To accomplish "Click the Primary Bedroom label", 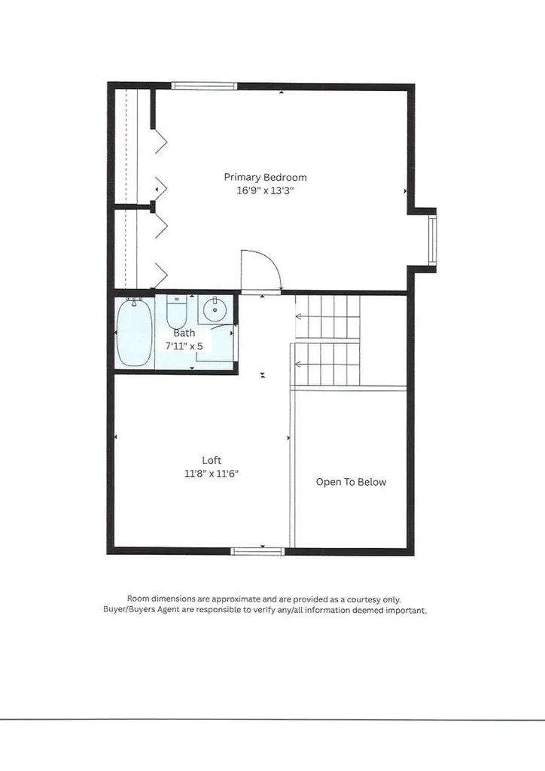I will click(x=265, y=178).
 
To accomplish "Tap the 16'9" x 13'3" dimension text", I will click(x=265, y=191).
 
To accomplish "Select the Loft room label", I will click(x=212, y=460).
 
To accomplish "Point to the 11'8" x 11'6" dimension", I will click(x=212, y=474).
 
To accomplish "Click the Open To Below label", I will click(x=351, y=482).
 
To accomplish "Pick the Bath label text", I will click(x=184, y=333).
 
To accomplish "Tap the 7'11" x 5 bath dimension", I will click(x=184, y=346).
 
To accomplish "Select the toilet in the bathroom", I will click(x=176, y=310).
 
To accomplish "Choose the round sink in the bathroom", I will click(x=215, y=309).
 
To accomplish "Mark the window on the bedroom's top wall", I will click(x=204, y=86).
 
